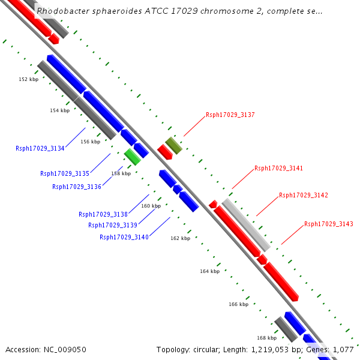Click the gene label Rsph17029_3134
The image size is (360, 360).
(x=40, y=148)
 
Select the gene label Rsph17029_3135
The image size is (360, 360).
(x=65, y=173)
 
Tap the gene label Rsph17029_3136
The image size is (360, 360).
(x=77, y=187)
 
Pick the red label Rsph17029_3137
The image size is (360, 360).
(x=230, y=115)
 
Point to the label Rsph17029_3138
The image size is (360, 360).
(x=103, y=214)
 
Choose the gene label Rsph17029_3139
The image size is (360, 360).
(x=113, y=225)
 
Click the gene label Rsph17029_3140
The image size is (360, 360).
(x=124, y=237)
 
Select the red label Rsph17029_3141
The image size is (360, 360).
(x=279, y=169)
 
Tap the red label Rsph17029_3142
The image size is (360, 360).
(x=304, y=195)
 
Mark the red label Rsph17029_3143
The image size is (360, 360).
(x=329, y=224)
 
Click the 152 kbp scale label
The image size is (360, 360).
(x=28, y=79)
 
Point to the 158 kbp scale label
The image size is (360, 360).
(x=121, y=173)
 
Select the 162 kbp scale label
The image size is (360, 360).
(x=180, y=238)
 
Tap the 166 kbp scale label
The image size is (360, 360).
(x=238, y=304)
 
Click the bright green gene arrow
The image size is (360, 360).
(x=133, y=157)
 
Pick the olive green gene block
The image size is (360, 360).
(x=173, y=145)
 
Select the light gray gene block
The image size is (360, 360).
(x=246, y=225)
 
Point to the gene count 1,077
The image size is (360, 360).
(x=344, y=349)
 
